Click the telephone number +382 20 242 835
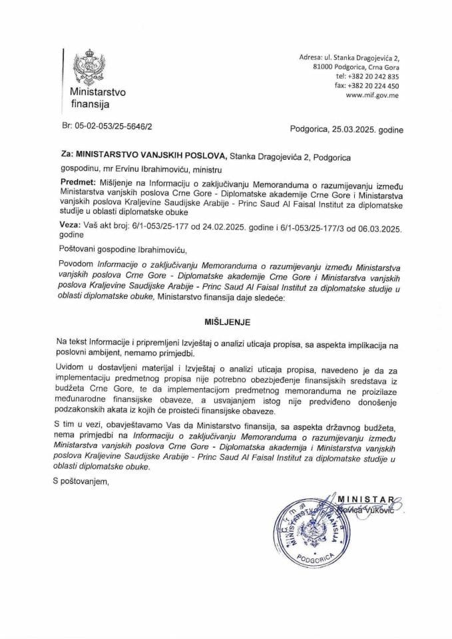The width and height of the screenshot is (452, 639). [x=375, y=77]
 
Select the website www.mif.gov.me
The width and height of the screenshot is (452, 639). [x=372, y=95]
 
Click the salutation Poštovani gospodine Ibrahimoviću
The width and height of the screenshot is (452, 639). [x=123, y=250]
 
